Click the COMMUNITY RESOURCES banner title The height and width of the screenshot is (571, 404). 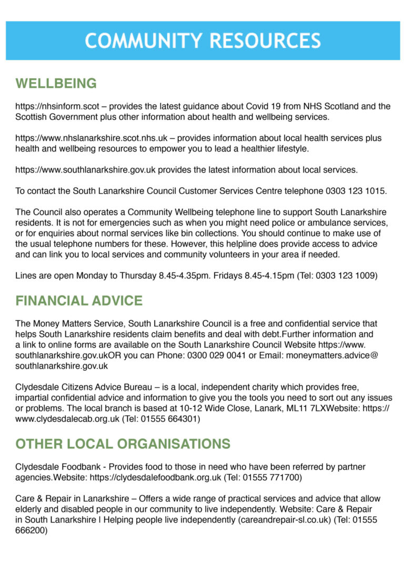[203, 41]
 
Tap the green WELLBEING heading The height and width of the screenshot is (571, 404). [56, 84]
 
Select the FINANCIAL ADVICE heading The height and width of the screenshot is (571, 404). [79, 301]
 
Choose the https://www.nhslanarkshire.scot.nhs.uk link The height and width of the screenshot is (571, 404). [92, 138]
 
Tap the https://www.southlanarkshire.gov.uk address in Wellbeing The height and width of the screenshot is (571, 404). [86, 170]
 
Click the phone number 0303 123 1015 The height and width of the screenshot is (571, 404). [356, 191]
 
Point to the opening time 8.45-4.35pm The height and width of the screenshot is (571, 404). [184, 276]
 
